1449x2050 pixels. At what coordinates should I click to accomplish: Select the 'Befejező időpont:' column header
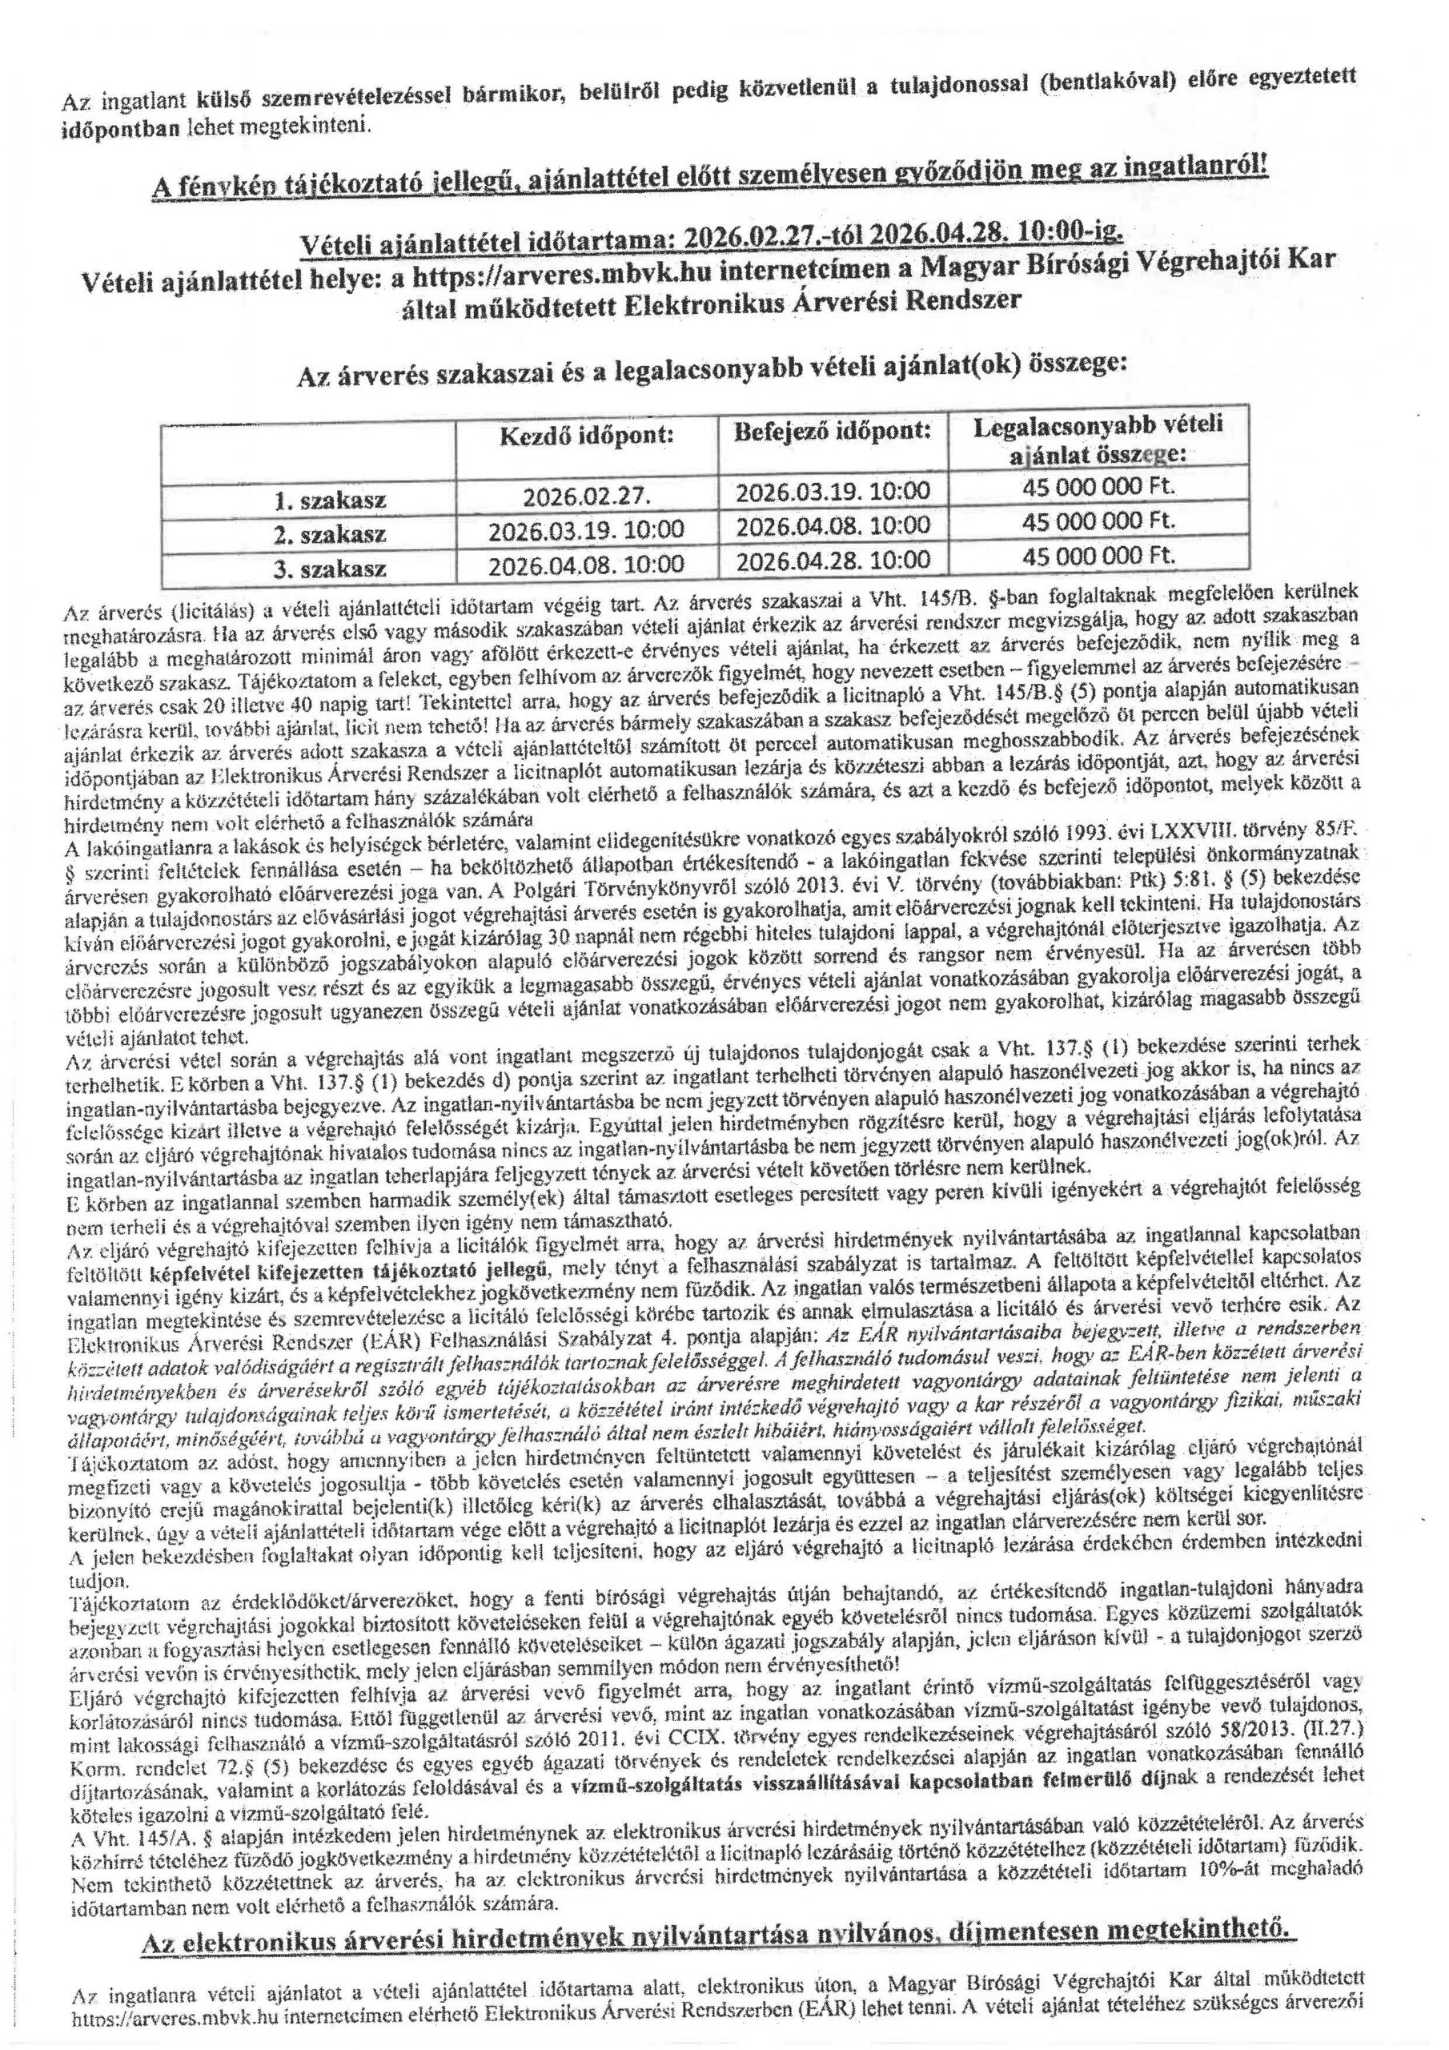[833, 432]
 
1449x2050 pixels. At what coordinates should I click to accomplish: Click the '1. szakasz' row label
[331, 500]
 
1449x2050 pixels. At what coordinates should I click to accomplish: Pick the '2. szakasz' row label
[331, 535]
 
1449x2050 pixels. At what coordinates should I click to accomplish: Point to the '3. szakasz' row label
[331, 569]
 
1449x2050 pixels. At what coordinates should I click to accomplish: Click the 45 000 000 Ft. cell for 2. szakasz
[1098, 521]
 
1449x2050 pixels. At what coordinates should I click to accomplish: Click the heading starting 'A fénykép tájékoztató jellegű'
[710, 179]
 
